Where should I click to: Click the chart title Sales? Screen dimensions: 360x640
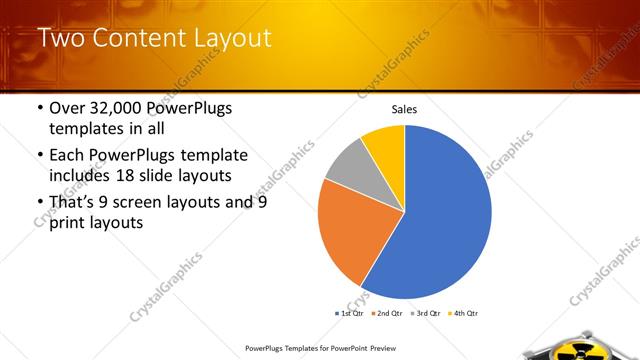pos(404,110)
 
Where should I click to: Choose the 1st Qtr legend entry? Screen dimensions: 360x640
pos(350,313)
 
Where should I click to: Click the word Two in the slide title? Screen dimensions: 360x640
pos(61,39)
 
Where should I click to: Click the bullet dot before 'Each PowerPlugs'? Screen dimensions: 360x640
pos(39,156)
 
